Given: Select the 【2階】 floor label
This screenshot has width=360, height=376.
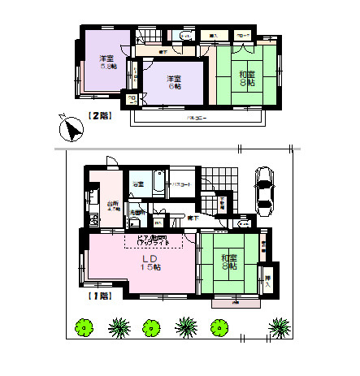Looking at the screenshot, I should coord(98,115).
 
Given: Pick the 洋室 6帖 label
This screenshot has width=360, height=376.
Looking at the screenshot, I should coord(174,83).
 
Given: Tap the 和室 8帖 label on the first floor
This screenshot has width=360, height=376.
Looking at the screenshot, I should coord(228,261).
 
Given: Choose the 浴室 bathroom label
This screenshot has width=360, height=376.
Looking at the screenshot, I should coord(139,184).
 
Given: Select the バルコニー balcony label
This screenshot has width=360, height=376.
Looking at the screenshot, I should coord(193,119).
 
